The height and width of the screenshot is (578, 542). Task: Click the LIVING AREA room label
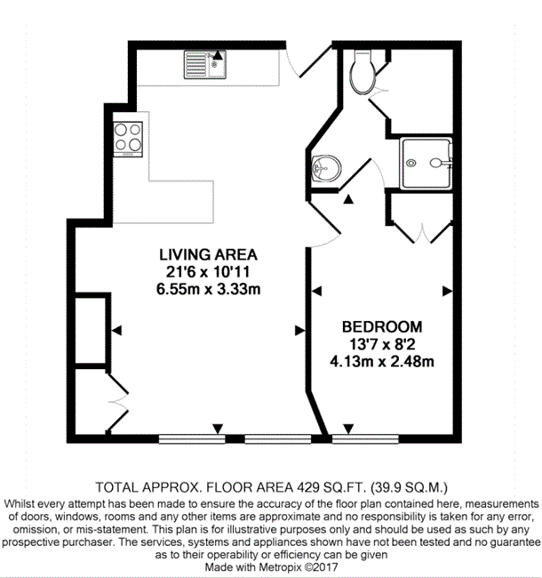point(209,254)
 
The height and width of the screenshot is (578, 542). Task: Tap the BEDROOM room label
point(382,327)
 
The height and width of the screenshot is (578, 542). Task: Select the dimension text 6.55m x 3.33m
point(209,289)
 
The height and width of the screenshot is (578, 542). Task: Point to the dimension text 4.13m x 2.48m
point(382,362)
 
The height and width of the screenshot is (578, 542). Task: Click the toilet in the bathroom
point(363,73)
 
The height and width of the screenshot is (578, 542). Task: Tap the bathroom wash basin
point(326,168)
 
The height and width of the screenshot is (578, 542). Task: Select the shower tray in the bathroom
point(426,164)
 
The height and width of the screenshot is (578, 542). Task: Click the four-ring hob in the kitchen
point(128,140)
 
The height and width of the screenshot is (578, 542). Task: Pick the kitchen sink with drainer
point(205,65)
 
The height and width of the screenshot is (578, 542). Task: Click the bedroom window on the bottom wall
point(365,438)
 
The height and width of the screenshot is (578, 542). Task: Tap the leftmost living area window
point(192,438)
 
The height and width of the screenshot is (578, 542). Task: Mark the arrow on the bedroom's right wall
point(447,291)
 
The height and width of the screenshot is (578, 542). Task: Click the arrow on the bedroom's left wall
point(316,291)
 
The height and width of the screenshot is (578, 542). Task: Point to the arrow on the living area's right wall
point(300,331)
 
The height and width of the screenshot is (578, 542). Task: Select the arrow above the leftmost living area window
point(218,429)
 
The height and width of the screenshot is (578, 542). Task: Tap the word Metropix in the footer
point(280,567)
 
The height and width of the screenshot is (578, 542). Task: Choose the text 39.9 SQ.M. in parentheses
point(409,487)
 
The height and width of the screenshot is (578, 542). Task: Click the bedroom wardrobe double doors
point(423,233)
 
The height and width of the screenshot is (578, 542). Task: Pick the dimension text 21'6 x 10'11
point(209,272)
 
